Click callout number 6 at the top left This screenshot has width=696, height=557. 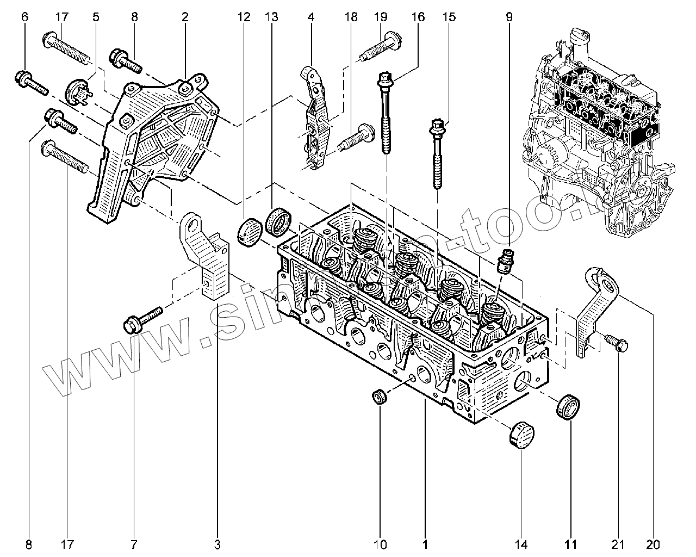coord(24,17)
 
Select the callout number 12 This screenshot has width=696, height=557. coord(243,17)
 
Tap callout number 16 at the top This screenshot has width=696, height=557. coord(418,17)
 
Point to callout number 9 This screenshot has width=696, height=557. coord(509,17)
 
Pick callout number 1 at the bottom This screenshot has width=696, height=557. coord(425,544)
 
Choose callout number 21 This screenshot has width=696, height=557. coord(618,544)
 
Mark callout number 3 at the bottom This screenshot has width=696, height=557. coord(218,544)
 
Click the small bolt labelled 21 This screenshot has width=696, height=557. coord(616,343)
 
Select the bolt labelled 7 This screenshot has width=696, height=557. coord(142,319)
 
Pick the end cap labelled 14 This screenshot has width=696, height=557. coord(521,434)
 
